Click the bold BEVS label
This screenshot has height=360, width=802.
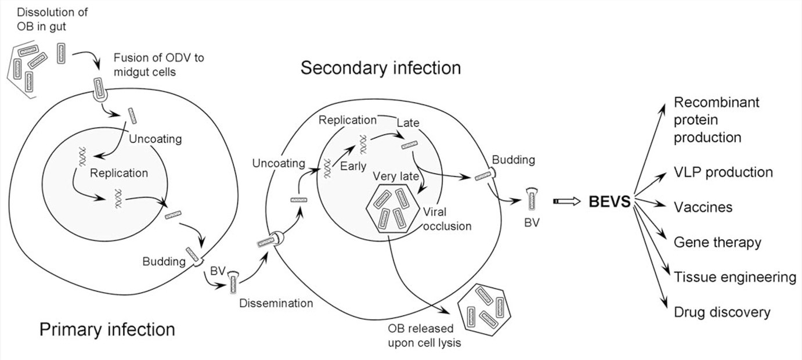tap(609, 202)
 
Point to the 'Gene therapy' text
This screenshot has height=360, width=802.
tap(717, 242)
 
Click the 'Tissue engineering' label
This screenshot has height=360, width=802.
tap(735, 277)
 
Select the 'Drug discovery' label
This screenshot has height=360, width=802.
tap(722, 312)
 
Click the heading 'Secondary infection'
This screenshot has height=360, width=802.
tap(381, 68)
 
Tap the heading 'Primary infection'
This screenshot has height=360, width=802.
tap(107, 329)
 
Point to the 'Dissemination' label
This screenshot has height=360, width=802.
tap(276, 303)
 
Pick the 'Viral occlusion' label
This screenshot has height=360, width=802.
tap(447, 218)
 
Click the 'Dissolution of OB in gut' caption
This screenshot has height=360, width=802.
tap(47, 19)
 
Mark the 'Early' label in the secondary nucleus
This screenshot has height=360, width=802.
tap(354, 167)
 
